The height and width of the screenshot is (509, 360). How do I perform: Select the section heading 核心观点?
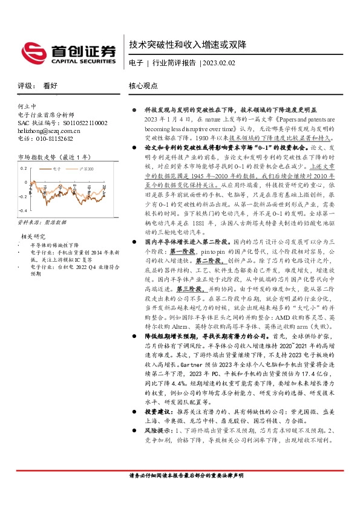(x=143, y=86)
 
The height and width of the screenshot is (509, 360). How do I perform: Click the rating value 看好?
(x=50, y=86)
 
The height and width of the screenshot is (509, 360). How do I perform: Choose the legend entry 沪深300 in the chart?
(x=87, y=169)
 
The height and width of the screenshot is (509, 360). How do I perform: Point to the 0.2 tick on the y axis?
(x=24, y=168)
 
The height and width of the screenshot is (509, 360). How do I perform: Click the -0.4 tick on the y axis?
(x=22, y=210)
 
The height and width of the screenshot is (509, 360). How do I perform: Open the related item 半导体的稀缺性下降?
(x=51, y=246)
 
